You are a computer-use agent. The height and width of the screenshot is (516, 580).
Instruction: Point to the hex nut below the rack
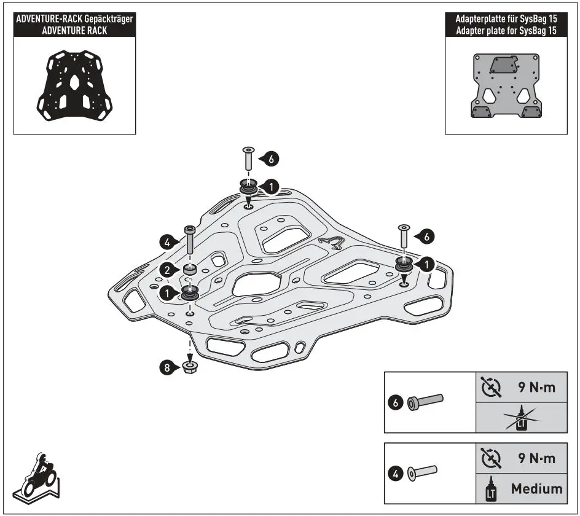click(x=190, y=368)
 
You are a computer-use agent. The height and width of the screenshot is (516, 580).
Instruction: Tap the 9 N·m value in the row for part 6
click(x=533, y=388)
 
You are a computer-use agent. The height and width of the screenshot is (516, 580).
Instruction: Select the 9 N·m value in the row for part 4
click(x=533, y=459)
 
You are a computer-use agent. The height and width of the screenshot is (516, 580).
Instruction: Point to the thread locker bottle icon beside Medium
click(x=491, y=489)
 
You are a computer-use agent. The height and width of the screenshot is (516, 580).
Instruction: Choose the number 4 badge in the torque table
click(x=396, y=474)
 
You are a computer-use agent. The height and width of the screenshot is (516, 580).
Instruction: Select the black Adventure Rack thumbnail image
click(x=74, y=86)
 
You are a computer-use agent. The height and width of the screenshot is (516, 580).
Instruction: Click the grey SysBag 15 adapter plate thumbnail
click(x=506, y=86)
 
